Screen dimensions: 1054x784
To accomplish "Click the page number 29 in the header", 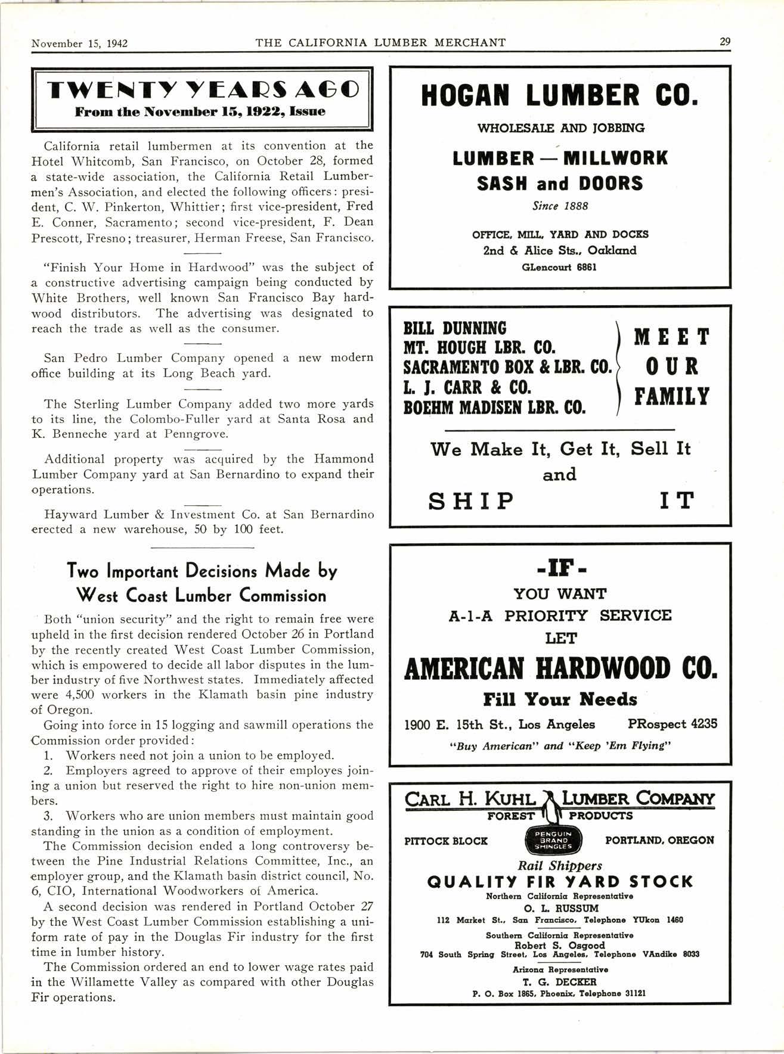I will tap(724, 42).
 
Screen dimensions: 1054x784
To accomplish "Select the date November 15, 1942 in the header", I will tap(80, 43).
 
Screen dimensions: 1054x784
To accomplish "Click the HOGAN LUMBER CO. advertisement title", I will tap(559, 96).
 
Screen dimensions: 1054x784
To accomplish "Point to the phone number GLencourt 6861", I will tap(559, 267).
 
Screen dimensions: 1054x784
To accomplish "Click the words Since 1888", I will tap(560, 206).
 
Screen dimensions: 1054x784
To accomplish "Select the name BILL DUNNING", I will tap(455, 328).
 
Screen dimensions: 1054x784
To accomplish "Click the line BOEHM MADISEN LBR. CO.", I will tap(494, 408).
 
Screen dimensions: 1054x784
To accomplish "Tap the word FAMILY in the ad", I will tap(671, 396).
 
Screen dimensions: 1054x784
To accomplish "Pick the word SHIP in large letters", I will tap(471, 501).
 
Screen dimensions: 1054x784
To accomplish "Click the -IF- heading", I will tap(560, 571).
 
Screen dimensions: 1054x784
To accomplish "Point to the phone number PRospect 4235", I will tap(673, 724).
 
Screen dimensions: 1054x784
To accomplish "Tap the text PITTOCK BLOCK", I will tap(445, 841).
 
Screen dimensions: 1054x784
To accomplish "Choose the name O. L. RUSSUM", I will tap(560, 908).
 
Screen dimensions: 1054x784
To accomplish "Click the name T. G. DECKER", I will tap(560, 982).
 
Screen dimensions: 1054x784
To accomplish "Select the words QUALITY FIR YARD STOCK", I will tap(560, 882).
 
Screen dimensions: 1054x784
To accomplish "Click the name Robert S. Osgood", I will tap(560, 945).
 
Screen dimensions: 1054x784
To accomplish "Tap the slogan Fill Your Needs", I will tap(560, 699).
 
